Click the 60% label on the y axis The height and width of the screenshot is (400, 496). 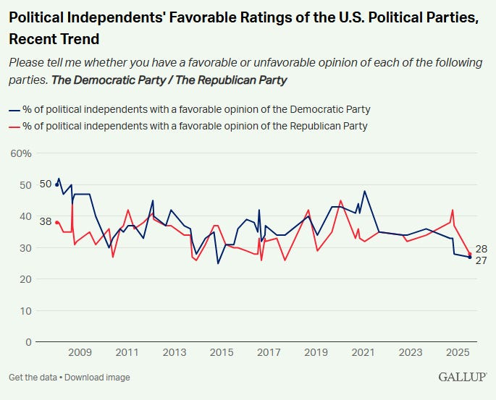20,153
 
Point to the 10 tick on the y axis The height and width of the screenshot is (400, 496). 26,310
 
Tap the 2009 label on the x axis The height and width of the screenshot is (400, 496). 80,353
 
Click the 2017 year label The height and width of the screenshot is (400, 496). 269,353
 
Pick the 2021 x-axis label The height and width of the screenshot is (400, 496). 363,353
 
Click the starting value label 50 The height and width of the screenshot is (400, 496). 46,184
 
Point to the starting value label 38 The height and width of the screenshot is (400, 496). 46,222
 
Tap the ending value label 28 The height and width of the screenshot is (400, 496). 481,249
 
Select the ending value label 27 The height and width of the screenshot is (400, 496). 481,260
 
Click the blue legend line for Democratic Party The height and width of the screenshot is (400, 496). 14,110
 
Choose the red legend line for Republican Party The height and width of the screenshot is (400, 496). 14,126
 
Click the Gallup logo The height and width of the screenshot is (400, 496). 462,378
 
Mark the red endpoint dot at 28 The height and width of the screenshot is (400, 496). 469,254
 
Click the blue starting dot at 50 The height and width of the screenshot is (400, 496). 56,184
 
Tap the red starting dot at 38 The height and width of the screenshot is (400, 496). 56,222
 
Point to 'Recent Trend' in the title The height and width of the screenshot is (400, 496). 54,38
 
